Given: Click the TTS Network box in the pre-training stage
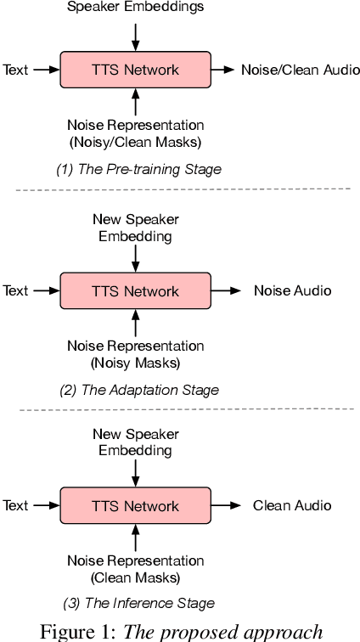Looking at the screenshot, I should point(135,69).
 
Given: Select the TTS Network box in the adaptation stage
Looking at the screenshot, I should point(135,290).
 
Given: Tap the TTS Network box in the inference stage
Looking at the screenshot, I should point(135,505).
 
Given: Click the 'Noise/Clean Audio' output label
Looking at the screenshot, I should point(294,69).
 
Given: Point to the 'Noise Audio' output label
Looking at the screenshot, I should point(292,290).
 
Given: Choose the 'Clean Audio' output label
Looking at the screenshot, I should point(292,505).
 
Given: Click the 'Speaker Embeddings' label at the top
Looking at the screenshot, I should point(135,8).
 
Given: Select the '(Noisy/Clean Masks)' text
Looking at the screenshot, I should point(135,142).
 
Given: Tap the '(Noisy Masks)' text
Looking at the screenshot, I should point(135,363).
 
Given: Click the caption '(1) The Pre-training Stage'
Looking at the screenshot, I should point(138,169).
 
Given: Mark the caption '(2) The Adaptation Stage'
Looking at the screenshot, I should point(138,390).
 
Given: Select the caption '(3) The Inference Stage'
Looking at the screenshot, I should point(138,604).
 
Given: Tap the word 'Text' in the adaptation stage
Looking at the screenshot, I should point(15,290).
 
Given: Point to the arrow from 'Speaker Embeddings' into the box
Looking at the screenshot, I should point(135,35).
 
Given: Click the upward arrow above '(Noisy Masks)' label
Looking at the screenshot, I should point(135,321).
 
